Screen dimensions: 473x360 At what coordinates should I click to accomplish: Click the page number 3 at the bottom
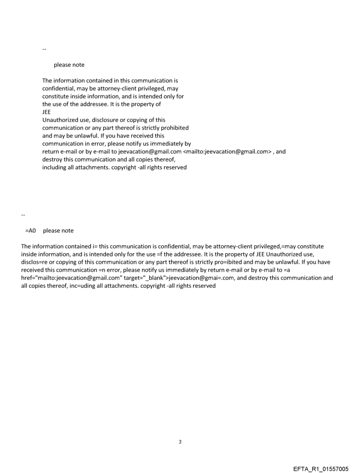pos(180,441)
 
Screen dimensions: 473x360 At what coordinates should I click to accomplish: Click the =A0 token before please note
pos(30,231)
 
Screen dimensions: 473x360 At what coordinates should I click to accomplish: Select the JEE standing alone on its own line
pos(46,112)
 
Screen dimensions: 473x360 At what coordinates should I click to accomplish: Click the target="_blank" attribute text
pos(146,278)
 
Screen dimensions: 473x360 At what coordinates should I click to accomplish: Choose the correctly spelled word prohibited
pos(174,128)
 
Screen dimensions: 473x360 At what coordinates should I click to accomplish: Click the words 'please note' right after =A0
pos(58,231)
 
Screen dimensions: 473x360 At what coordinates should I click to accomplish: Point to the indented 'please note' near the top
pos(69,65)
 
